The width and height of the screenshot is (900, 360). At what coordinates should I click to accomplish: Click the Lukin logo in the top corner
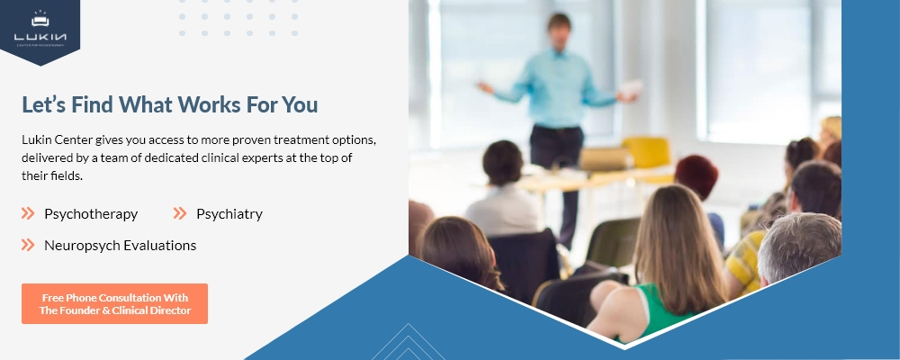pyautogui.click(x=40, y=28)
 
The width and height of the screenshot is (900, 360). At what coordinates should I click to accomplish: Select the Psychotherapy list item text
pyautogui.click(x=91, y=214)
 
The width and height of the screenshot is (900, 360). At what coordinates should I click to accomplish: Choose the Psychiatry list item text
pyautogui.click(x=229, y=214)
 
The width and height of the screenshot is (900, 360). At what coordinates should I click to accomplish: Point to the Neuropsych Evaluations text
pyautogui.click(x=120, y=246)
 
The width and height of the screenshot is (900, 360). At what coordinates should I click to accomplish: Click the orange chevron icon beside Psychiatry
pyautogui.click(x=180, y=213)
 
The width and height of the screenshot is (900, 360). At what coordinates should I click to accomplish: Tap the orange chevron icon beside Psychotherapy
pyautogui.click(x=28, y=213)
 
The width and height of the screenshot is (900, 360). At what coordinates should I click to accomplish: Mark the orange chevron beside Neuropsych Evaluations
pyautogui.click(x=28, y=245)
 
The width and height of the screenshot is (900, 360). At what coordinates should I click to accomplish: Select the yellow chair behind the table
pyautogui.click(x=647, y=151)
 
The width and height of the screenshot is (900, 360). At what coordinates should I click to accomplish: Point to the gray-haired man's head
pyautogui.click(x=799, y=248)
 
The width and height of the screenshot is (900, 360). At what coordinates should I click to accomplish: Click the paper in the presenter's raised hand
pyautogui.click(x=631, y=89)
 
